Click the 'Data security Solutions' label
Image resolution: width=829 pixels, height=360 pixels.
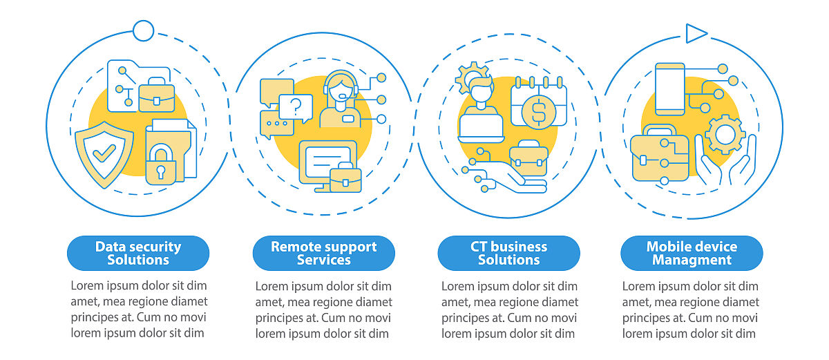point(138,253)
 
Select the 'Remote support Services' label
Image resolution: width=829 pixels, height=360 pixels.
point(323,253)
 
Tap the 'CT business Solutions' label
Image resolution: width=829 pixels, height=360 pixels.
point(508,253)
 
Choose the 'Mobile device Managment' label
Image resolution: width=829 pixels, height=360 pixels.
point(692,253)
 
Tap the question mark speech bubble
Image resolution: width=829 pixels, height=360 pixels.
point(296,106)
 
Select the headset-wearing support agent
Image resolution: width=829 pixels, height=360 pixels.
point(340,100)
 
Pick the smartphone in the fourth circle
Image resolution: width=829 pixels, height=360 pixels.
point(669,88)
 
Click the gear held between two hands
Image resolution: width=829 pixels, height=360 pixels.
point(725,134)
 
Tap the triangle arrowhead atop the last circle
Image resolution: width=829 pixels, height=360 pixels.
point(696,32)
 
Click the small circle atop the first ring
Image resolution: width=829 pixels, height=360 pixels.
point(143,30)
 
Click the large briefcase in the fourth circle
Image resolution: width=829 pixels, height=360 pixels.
point(659,155)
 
